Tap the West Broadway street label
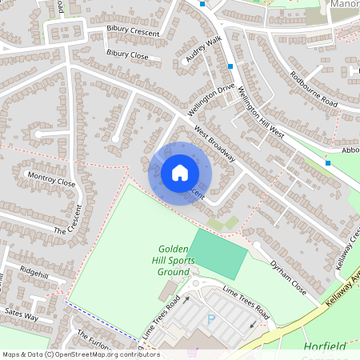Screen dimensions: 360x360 click(x=214, y=145)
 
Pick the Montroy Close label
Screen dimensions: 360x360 click(x=51, y=182)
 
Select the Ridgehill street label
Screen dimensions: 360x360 click(x=40, y=270)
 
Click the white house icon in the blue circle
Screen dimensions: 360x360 click(x=180, y=173)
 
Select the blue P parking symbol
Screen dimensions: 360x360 click(x=212, y=319)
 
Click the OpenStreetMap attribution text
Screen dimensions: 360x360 click(x=81, y=354)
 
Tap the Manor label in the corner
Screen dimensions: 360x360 click(x=343, y=4)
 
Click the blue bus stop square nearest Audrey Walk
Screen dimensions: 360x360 click(x=231, y=66)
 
